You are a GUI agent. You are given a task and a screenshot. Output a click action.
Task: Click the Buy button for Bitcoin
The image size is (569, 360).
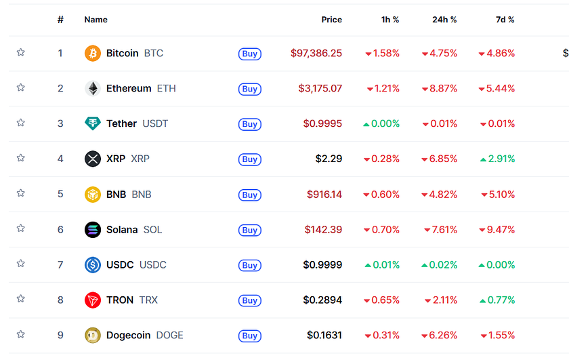(x=249, y=54)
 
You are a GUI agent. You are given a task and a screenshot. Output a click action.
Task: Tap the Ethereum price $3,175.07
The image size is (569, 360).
(x=320, y=88)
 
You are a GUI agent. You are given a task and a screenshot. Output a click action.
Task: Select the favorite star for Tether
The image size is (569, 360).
(x=21, y=123)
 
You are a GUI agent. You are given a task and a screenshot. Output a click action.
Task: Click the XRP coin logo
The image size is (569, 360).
(x=93, y=159)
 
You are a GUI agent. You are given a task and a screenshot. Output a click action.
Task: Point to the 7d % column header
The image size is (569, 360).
(x=505, y=20)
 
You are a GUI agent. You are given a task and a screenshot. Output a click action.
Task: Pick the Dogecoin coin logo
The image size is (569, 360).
(x=93, y=335)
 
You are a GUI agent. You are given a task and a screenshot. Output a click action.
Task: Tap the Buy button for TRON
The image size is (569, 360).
(x=249, y=300)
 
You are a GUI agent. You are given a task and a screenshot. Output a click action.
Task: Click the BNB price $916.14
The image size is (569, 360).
(x=324, y=194)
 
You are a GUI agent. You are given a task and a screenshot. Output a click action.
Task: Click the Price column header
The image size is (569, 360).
(x=331, y=20)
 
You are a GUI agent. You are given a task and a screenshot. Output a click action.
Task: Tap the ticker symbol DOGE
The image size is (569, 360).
(x=169, y=335)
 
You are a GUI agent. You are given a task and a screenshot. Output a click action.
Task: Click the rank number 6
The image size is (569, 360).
(x=60, y=229)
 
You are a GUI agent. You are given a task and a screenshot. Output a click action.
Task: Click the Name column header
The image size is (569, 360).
(x=96, y=20)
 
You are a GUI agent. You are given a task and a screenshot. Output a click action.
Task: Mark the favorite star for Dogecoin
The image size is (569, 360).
(x=21, y=334)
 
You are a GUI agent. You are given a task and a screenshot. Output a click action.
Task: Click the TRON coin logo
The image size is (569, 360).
(x=93, y=300)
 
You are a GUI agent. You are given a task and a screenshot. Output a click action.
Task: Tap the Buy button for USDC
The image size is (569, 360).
(x=249, y=265)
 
